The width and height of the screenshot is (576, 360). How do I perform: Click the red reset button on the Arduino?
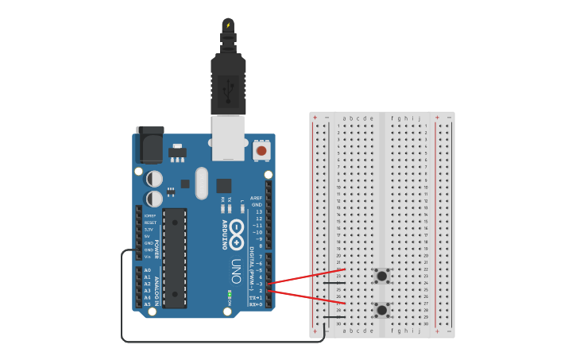click(261, 150)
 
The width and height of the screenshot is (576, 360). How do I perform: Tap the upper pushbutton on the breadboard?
click(382, 276)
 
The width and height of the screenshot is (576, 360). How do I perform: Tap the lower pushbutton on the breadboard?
click(382, 310)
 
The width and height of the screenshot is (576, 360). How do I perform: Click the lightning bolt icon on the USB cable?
click(228, 25)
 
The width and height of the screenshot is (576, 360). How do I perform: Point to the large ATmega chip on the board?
click(175, 257)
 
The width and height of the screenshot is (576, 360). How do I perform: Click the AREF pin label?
click(256, 198)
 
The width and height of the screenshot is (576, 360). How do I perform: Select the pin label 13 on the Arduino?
click(257, 211)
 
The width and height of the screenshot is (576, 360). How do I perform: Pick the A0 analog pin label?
click(147, 270)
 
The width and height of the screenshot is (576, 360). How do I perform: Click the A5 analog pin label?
click(147, 304)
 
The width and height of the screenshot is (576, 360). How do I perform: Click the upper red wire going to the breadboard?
click(306, 277)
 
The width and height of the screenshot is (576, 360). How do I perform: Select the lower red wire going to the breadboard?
click(306, 296)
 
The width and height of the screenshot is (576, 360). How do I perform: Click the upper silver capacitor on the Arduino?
click(155, 179)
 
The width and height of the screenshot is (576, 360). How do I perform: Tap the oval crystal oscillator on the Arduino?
click(201, 183)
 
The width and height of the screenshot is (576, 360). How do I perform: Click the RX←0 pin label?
click(256, 304)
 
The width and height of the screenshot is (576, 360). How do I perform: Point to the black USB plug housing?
click(228, 83)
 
